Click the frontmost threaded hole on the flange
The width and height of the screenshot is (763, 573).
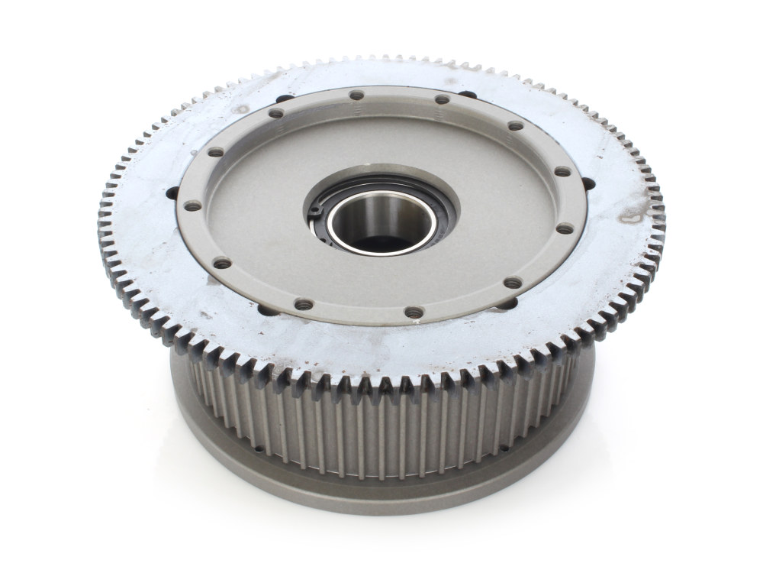(414, 312)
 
